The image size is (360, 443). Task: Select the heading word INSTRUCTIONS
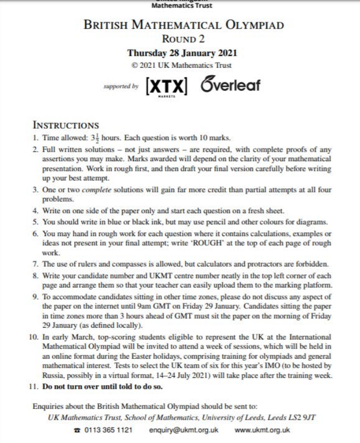[65, 126]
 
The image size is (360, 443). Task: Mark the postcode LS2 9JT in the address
[304, 417]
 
